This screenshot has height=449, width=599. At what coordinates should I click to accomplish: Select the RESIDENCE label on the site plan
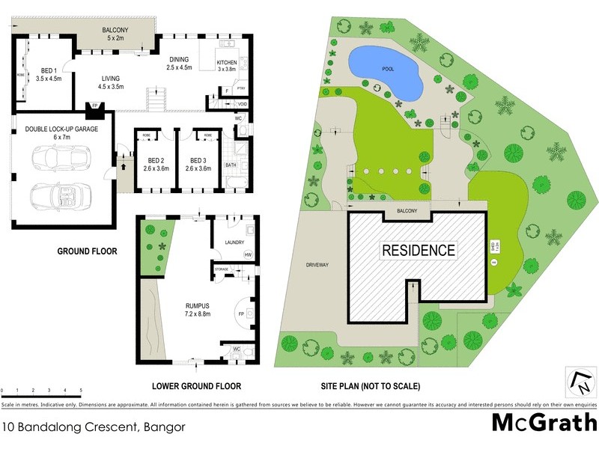click(x=419, y=251)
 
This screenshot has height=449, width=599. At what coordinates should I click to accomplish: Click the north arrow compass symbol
click(x=581, y=382)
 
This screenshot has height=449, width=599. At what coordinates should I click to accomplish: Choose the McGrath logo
click(x=544, y=422)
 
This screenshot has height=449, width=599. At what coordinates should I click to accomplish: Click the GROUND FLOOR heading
click(x=88, y=251)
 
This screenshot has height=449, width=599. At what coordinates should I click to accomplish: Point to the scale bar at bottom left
click(x=41, y=393)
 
